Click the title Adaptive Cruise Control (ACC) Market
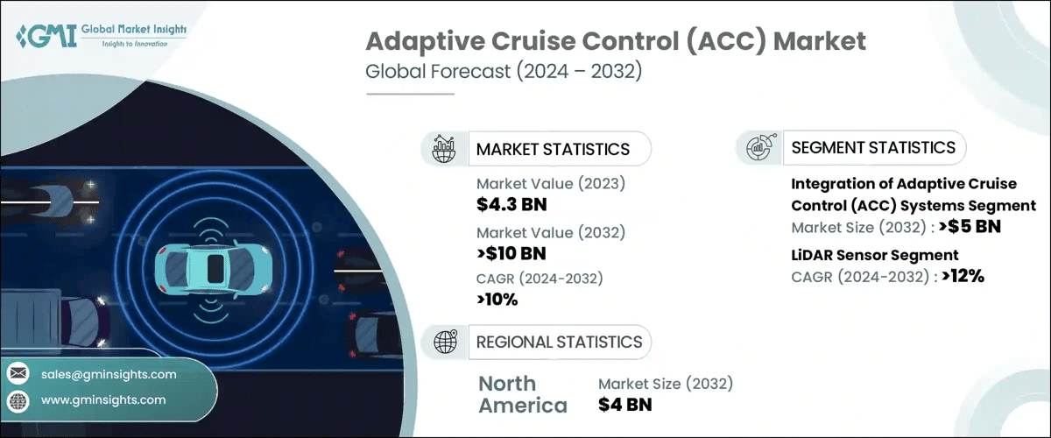[615, 40]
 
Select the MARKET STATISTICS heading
[553, 149]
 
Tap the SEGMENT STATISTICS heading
[873, 147]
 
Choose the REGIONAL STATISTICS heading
[559, 342]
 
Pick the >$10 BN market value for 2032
[511, 254]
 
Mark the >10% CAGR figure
[497, 300]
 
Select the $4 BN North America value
[625, 405]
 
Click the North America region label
[523, 394]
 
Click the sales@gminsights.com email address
[109, 374]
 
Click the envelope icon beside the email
[18, 374]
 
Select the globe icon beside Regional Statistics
[446, 342]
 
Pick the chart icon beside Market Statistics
[446, 149]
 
